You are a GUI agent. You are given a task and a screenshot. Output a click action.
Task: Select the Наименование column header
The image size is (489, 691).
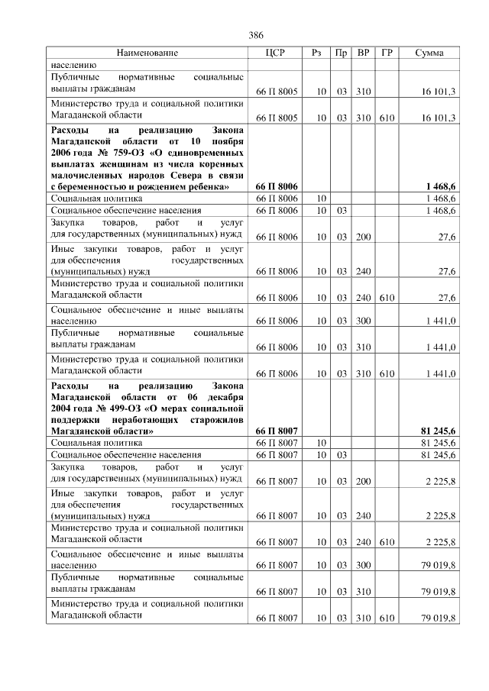tap(147, 53)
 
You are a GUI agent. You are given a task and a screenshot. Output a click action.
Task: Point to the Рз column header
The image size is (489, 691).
tap(317, 53)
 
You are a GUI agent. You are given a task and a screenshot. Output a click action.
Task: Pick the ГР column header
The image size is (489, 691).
tap(387, 53)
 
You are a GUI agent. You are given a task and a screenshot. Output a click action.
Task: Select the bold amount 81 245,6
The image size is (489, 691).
tap(439, 431)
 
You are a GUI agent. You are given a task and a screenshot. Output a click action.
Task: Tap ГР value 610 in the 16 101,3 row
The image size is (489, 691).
tap(387, 118)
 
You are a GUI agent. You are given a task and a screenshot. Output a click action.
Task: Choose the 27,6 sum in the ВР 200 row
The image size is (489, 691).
tap(447, 237)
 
